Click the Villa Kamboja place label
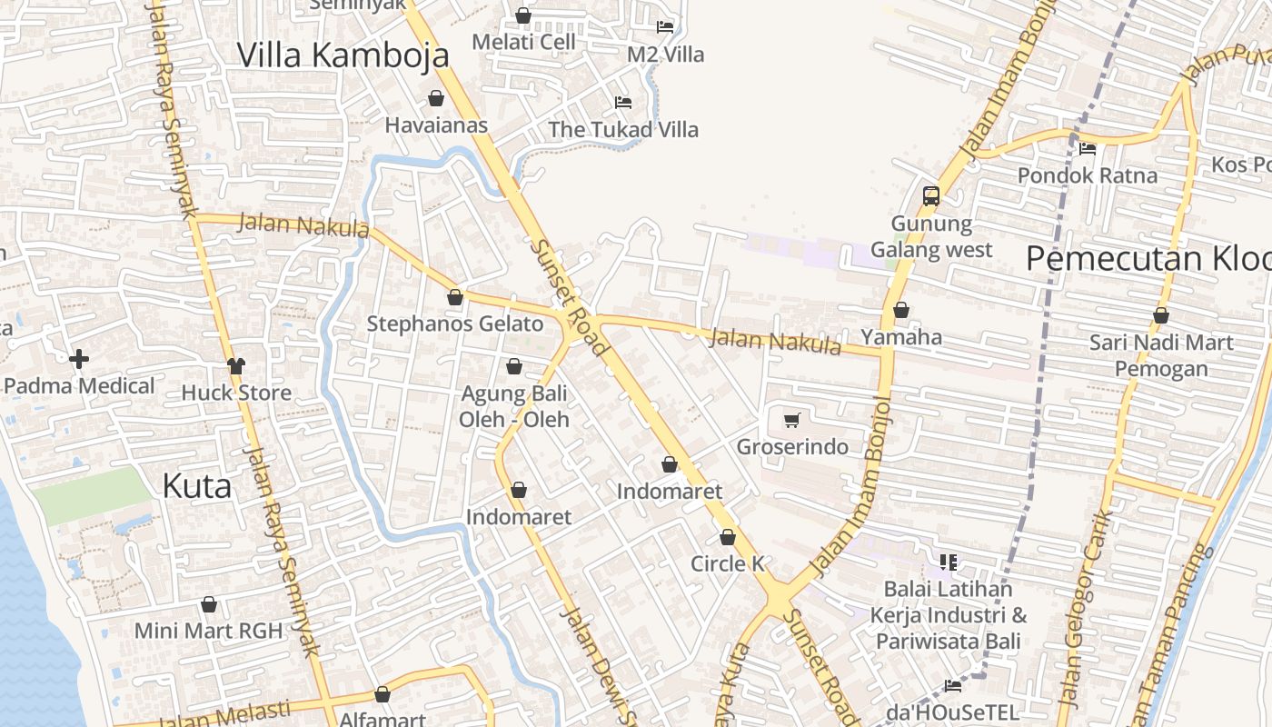pyautogui.click(x=343, y=55)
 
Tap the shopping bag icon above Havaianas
pyautogui.click(x=436, y=98)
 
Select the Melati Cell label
pyautogui.click(x=523, y=42)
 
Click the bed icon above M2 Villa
pyautogui.click(x=665, y=27)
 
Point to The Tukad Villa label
pyautogui.click(x=623, y=130)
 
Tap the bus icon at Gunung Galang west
pyautogui.click(x=930, y=195)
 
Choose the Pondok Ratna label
pyautogui.click(x=1088, y=175)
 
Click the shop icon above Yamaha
pyautogui.click(x=900, y=311)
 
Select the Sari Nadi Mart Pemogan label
pyautogui.click(x=1161, y=355)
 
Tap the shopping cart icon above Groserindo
pyautogui.click(x=791, y=420)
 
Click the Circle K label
pyautogui.click(x=728, y=563)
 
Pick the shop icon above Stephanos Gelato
pyautogui.click(x=455, y=297)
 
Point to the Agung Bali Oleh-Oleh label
pyautogui.click(x=514, y=406)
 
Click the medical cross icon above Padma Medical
pyautogui.click(x=79, y=359)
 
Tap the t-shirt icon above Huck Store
pyautogui.click(x=236, y=365)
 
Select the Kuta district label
pyautogui.click(x=197, y=486)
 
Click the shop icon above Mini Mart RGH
pyautogui.click(x=209, y=604)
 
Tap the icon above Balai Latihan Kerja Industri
pyautogui.click(x=949, y=563)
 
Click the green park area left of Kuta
pyautogui.click(x=91, y=496)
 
